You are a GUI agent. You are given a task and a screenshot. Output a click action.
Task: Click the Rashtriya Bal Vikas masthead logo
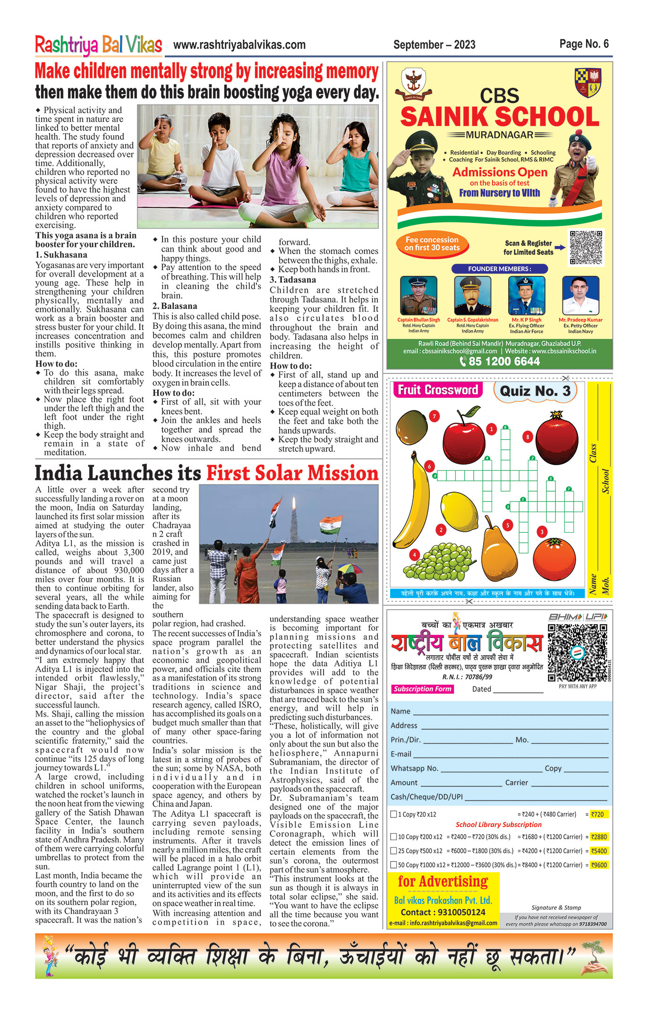[x=98, y=45]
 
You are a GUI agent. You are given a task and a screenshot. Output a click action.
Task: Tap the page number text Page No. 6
[x=584, y=44]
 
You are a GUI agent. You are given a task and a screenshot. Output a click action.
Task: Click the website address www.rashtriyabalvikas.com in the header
[x=239, y=45]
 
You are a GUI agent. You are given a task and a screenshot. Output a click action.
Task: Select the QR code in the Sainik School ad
[x=586, y=247]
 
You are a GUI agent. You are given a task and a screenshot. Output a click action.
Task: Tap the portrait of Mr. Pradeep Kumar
[x=580, y=296]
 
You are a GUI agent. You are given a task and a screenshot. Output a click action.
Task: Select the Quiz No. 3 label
[x=535, y=391]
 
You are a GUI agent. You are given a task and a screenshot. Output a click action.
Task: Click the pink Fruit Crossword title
[x=438, y=390]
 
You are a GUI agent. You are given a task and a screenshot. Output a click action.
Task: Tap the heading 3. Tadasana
[x=293, y=280]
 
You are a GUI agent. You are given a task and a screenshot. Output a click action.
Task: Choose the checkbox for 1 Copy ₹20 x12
[x=393, y=814]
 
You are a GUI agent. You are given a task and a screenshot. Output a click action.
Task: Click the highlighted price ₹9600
[x=599, y=865]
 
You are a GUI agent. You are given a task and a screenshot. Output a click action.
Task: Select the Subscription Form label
[x=422, y=689]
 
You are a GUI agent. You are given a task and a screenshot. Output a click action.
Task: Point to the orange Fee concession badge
[x=432, y=243]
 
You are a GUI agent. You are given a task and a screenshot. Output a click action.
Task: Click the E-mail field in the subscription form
[x=510, y=754]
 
